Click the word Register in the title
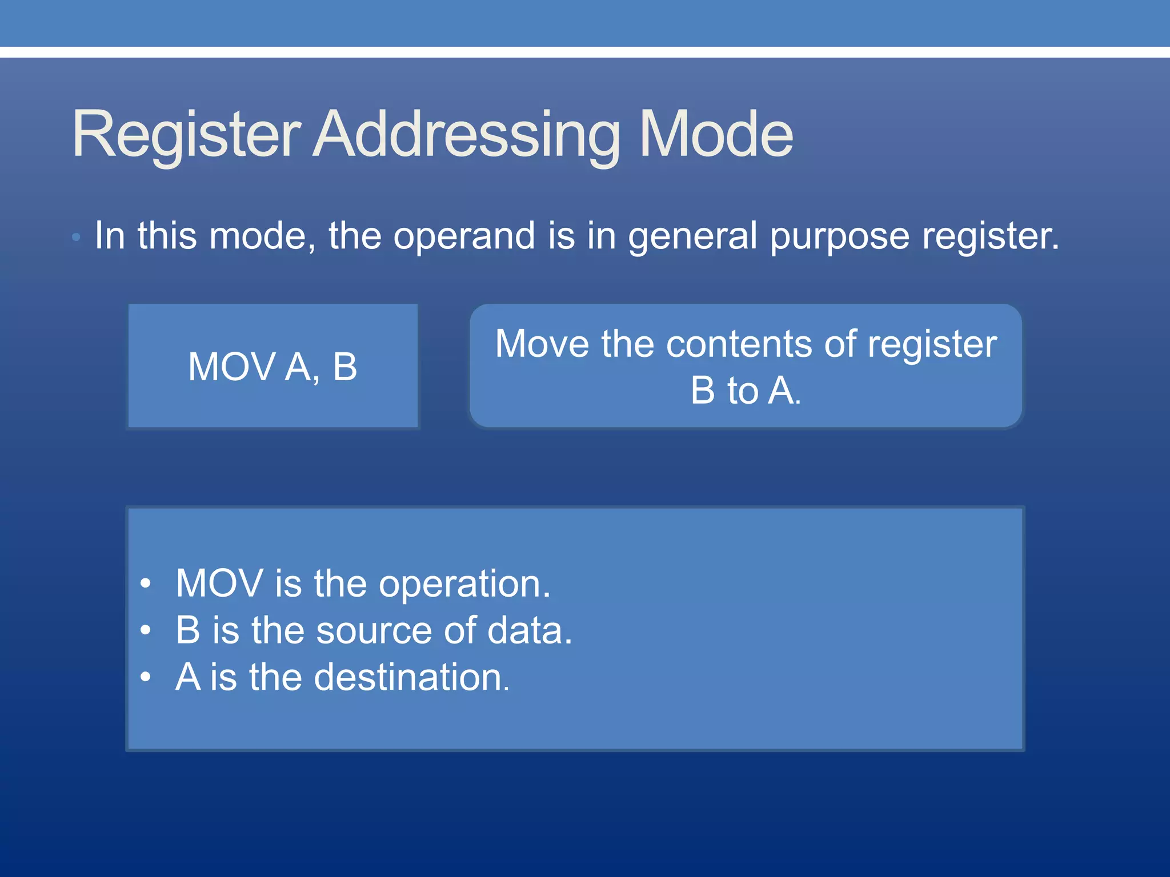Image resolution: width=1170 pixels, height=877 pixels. [186, 135]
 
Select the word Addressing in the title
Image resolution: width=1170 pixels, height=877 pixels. [466, 135]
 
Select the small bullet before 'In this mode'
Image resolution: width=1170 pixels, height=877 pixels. [76, 237]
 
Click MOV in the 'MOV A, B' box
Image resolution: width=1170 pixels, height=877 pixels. [232, 367]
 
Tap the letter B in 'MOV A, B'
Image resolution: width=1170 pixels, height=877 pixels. [344, 367]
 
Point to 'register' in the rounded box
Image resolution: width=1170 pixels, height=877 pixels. [932, 345]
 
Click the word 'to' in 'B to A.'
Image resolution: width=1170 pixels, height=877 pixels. [742, 391]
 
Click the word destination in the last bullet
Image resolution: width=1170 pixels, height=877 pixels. [411, 677]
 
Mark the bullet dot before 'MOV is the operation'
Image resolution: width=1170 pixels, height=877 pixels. [146, 584]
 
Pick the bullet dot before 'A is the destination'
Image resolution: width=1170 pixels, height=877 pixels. [146, 677]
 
